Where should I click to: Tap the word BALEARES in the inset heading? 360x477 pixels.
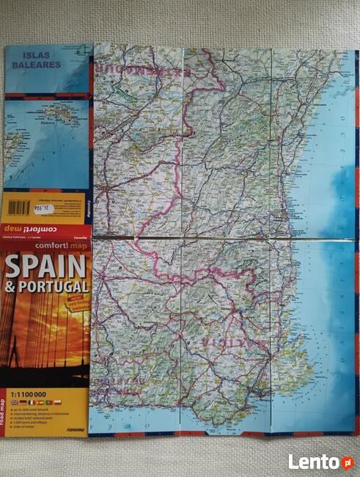(37, 65)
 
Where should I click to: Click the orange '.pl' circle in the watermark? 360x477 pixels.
(346, 462)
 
